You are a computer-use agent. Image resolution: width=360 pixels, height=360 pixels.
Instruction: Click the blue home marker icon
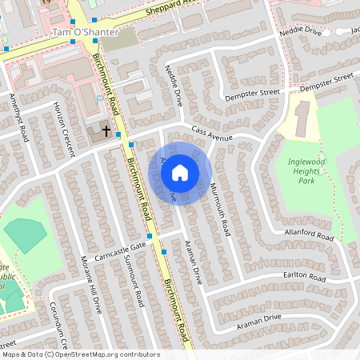(180, 171)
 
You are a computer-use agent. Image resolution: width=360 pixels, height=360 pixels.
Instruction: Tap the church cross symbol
(106, 130)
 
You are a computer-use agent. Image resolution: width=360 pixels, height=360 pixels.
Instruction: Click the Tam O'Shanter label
(85, 32)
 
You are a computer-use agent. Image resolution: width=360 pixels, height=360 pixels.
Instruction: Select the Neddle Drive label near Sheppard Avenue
(301, 32)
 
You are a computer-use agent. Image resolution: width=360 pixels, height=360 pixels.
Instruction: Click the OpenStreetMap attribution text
(80, 354)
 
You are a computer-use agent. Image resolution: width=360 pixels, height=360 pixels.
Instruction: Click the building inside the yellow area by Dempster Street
(303, 117)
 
